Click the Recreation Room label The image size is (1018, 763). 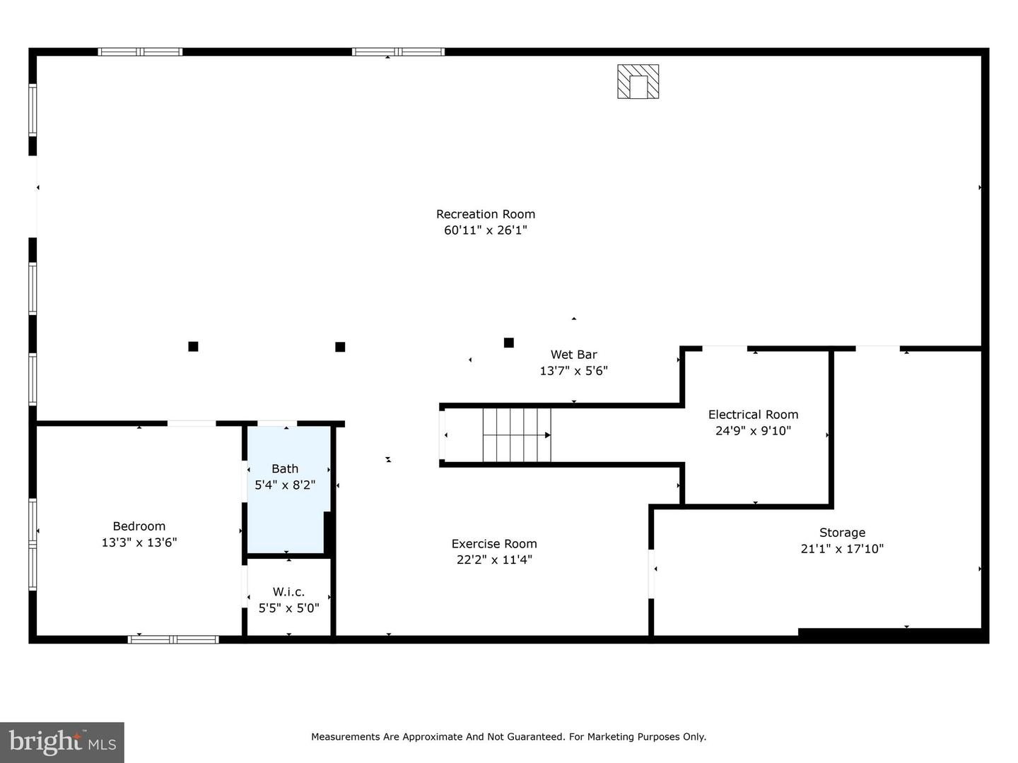pos(485,214)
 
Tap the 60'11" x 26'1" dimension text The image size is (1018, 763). pos(485,230)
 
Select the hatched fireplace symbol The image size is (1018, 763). pos(638,81)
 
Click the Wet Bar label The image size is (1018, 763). pos(573,355)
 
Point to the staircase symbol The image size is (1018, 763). pos(516,435)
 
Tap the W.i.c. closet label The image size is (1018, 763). pos(288,592)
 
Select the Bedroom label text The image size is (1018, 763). pos(139,526)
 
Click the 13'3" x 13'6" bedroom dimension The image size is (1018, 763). pos(139,543)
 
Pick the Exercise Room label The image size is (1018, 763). pos(494,544)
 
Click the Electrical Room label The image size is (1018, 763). pos(753,415)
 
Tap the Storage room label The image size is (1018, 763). pos(842,533)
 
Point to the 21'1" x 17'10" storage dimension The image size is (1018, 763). pos(842,549)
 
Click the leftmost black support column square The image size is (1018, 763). pos(193,346)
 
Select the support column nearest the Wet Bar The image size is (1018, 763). pos(508,343)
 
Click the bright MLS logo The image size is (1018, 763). pos(62,742)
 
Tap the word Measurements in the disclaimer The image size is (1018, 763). pos(346,737)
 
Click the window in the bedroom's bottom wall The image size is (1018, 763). pos(173,639)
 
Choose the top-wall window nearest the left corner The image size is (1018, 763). pos(140,52)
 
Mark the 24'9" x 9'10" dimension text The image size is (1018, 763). pos(753,431)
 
